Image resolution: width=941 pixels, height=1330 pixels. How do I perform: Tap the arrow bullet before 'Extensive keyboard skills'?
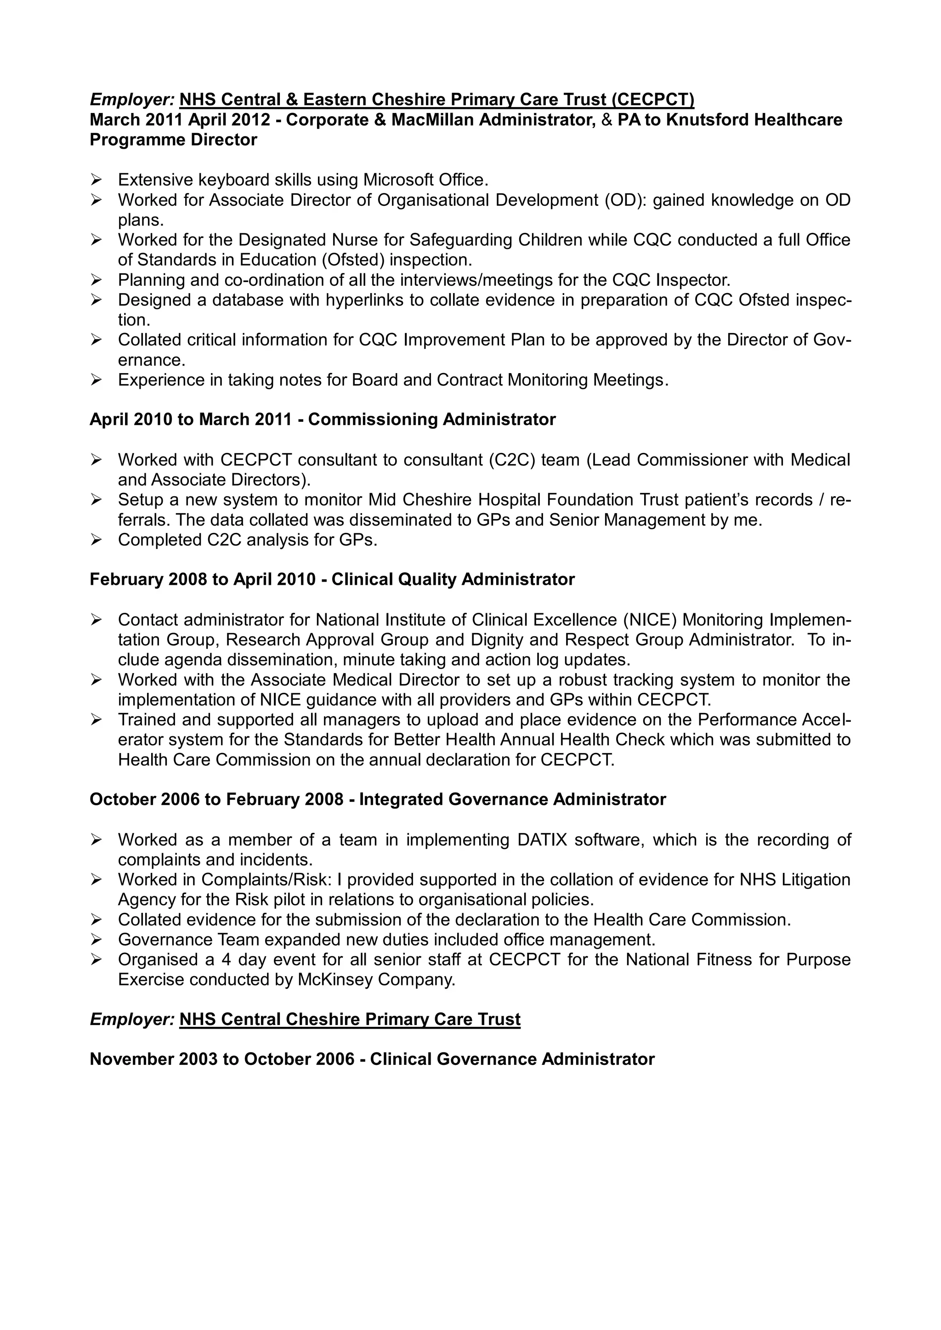96,180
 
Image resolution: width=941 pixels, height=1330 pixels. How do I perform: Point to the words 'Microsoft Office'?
425,180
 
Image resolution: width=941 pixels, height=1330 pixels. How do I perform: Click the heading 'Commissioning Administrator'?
432,419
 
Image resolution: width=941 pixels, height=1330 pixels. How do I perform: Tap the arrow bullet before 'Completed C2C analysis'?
96,540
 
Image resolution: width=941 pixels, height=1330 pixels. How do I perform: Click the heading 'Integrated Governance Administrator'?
512,799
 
